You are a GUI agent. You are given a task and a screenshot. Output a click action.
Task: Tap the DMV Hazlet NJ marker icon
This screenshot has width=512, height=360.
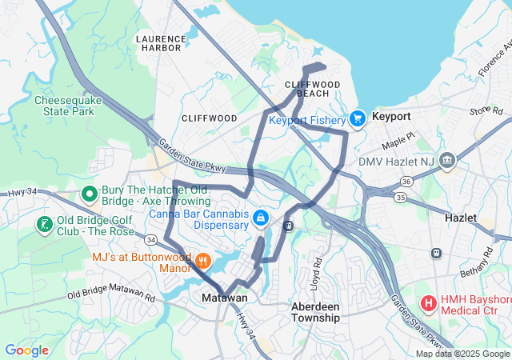point(447,160)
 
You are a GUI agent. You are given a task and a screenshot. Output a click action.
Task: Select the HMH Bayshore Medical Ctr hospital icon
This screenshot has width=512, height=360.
point(428,303)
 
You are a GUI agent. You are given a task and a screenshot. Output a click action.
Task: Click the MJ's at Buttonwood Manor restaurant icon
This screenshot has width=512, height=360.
point(203,261)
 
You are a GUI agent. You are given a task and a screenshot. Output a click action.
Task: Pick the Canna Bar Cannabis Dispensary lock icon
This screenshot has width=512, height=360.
point(260,218)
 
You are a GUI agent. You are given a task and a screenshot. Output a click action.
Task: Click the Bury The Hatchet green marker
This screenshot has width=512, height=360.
point(90,194)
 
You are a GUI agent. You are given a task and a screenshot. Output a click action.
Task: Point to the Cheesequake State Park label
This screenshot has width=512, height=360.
point(64,106)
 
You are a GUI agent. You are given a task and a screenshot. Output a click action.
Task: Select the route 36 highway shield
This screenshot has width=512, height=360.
point(406,182)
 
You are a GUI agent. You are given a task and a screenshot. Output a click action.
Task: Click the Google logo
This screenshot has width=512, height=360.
point(26,350)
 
